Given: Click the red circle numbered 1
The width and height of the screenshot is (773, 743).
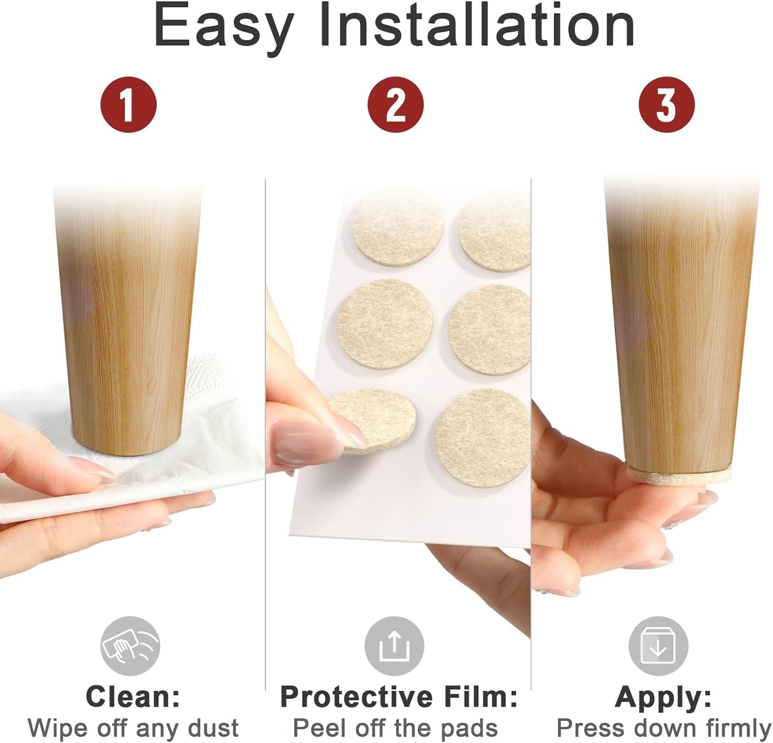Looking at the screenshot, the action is (128, 104).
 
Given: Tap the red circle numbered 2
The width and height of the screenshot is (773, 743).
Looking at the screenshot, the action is (395, 104).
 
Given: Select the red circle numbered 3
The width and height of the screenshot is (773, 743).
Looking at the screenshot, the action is (667, 104).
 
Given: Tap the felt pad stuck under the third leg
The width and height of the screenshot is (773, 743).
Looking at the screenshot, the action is (680, 474).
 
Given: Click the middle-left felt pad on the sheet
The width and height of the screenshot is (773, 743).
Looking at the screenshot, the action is (385, 324).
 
